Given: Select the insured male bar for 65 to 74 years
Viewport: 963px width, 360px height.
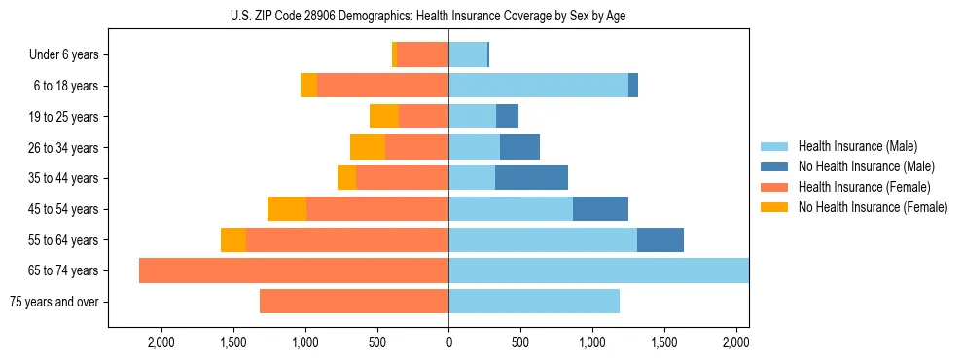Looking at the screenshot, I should (x=598, y=270).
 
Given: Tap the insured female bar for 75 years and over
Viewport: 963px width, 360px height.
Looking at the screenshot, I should (x=354, y=302).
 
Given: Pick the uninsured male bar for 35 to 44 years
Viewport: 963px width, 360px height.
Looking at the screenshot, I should (x=531, y=178).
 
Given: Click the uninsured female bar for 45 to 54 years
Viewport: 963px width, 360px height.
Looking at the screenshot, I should (x=287, y=209).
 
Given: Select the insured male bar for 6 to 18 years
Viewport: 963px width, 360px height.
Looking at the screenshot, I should (x=538, y=86).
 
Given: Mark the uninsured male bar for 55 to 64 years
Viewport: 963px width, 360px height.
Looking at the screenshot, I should (x=660, y=240).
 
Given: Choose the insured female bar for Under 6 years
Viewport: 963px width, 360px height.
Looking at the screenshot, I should (x=422, y=54).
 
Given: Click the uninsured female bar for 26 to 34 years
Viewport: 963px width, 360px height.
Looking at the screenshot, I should (x=368, y=147).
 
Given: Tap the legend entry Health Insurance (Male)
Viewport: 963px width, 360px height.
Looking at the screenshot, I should (x=857, y=146).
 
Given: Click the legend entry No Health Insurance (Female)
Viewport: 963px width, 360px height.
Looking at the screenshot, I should (x=873, y=207).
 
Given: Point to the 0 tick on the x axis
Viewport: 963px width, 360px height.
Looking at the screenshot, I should (x=448, y=342).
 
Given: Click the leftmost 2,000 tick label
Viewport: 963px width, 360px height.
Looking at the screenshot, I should (x=160, y=342).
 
